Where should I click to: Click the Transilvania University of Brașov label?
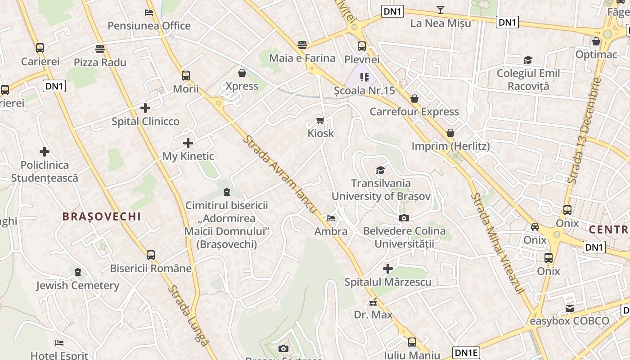[381, 189]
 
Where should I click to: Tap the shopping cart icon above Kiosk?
[320, 120]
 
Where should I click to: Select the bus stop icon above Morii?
[186, 76]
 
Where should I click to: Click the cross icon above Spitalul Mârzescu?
[387, 269]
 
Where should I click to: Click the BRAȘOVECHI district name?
[102, 216]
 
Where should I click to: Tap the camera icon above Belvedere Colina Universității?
[404, 218]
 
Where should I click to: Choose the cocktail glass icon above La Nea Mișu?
[440, 10]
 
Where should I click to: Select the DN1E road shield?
[466, 352]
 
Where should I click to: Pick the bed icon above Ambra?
[331, 218]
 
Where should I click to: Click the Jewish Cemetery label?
[78, 285]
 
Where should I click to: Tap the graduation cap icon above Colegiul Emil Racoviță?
[528, 60]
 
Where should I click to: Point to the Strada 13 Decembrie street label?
[584, 130]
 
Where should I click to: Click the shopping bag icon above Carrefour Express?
[414, 99]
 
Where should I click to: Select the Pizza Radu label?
[100, 62]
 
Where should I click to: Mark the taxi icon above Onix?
[535, 227]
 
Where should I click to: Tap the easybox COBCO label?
[569, 321]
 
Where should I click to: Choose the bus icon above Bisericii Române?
[151, 255]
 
